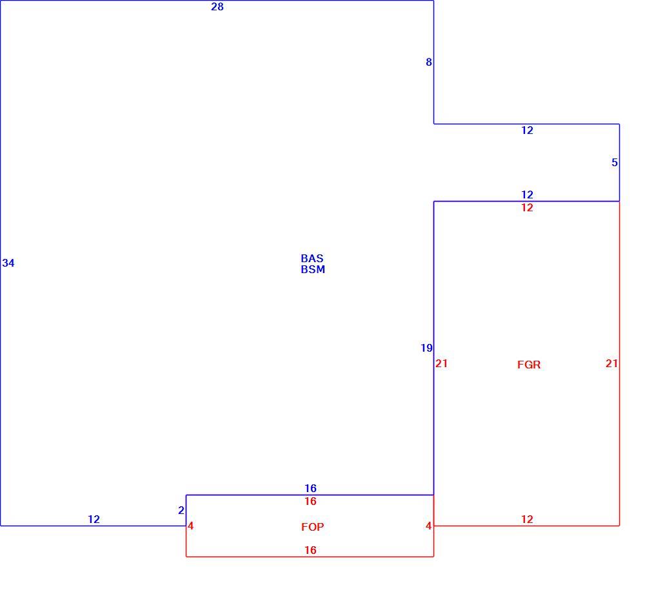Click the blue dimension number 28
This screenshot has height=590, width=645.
coord(217,6)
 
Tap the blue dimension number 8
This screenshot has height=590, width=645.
coord(429,62)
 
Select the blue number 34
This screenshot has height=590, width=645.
coord(8,263)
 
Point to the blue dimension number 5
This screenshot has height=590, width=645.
coord(615,163)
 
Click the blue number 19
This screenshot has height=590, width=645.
coord(426,348)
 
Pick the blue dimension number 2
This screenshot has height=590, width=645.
coord(181,510)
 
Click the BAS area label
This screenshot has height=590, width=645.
coord(312,258)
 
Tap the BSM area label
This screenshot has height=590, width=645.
coord(313,269)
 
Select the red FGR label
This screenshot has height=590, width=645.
coord(529,365)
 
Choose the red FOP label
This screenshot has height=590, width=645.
coord(313,527)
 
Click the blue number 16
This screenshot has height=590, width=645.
coord(311,488)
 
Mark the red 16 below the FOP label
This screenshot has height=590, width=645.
coord(311,550)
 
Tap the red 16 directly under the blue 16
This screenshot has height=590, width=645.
coord(311,501)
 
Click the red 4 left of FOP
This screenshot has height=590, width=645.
coord(190,526)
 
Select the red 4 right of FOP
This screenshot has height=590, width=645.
coord(429,526)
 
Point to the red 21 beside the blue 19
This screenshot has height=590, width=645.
coord(441,363)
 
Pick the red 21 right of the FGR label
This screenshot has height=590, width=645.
coord(611,363)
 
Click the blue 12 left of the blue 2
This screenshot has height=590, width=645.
coord(94,519)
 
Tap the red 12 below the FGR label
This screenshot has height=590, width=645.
coord(528,519)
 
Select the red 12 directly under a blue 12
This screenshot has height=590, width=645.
coord(528,207)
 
